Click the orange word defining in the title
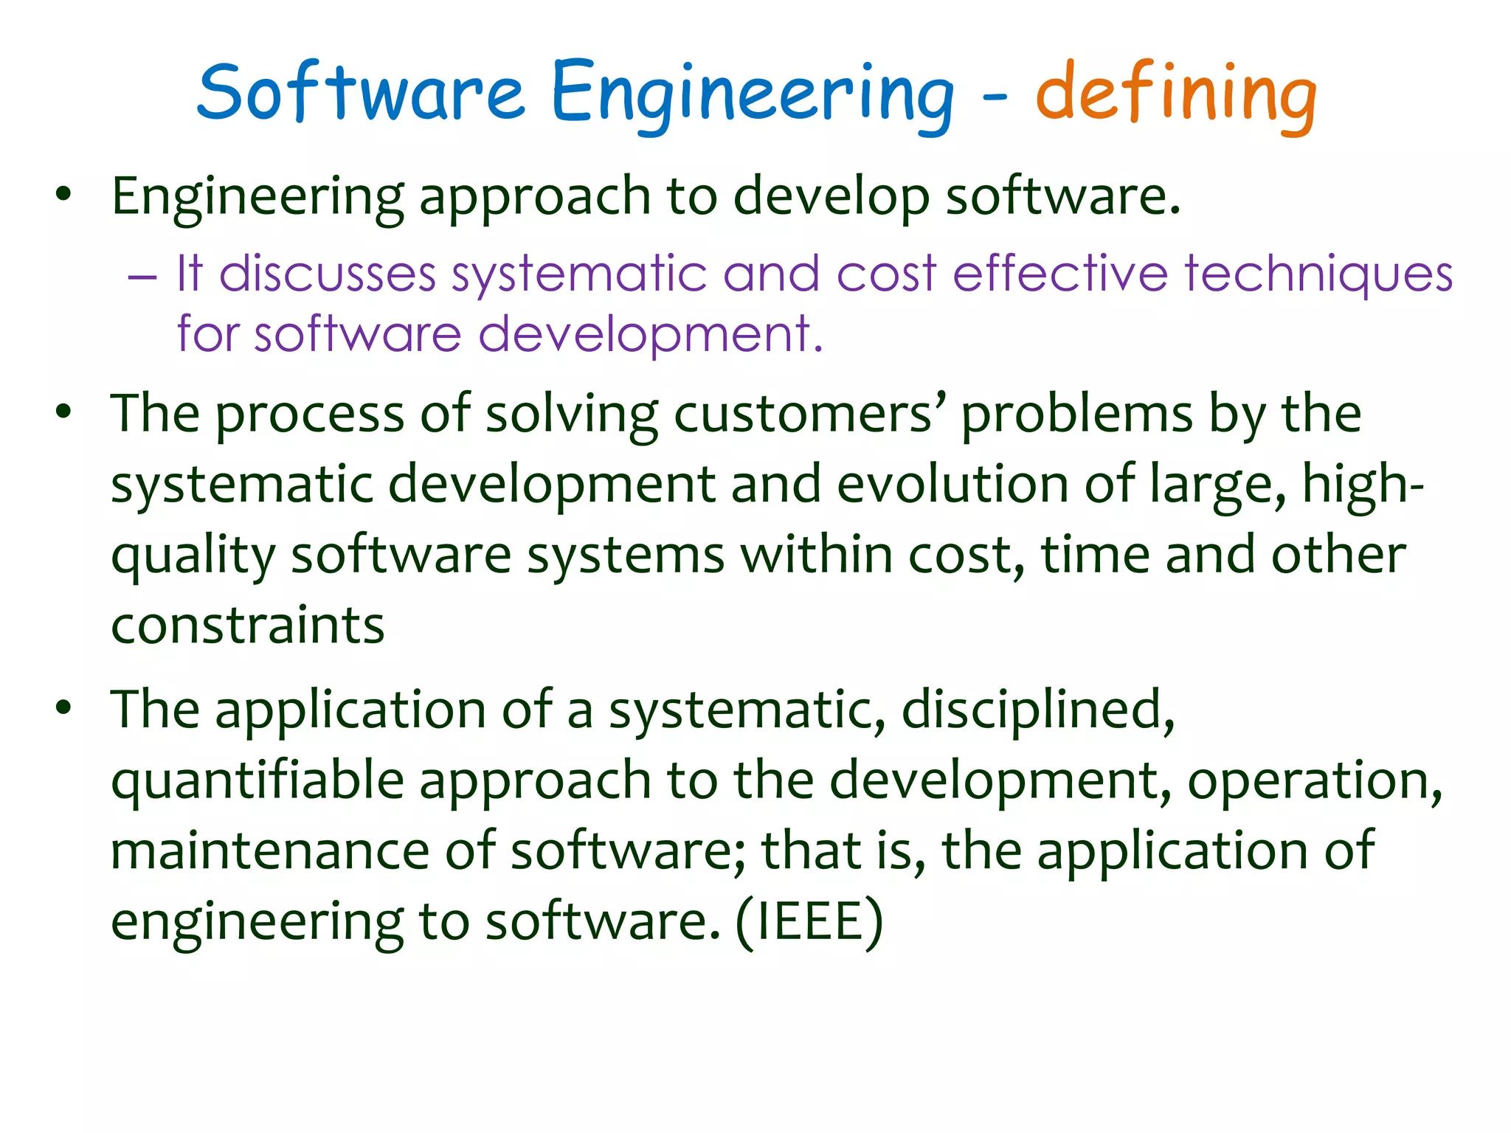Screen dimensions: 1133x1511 click(1176, 94)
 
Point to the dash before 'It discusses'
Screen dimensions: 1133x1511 click(142, 277)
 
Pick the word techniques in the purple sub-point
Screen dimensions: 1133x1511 click(1318, 274)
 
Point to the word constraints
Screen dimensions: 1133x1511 click(248, 626)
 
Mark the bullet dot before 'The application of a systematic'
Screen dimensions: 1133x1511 click(64, 707)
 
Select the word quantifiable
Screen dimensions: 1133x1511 click(257, 780)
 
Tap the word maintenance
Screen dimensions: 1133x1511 click(269, 850)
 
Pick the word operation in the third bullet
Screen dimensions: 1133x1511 click(1314, 780)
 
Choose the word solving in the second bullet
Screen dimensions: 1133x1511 click(572, 415)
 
